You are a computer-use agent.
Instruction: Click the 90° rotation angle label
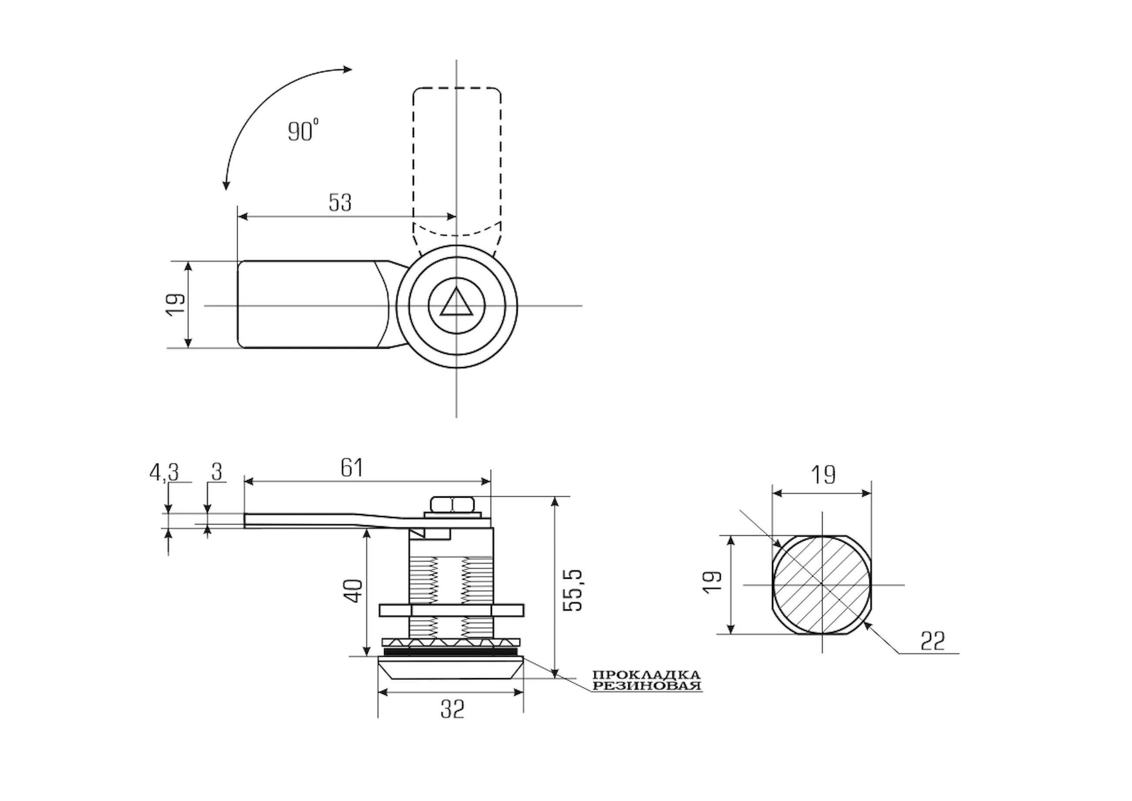pos(303,130)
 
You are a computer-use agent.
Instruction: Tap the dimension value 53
pos(340,202)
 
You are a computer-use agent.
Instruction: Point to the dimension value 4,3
pos(164,472)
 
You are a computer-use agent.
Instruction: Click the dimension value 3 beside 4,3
pos(217,472)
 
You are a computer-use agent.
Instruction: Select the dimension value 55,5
pos(573,591)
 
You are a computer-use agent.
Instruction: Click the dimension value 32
pos(453,709)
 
